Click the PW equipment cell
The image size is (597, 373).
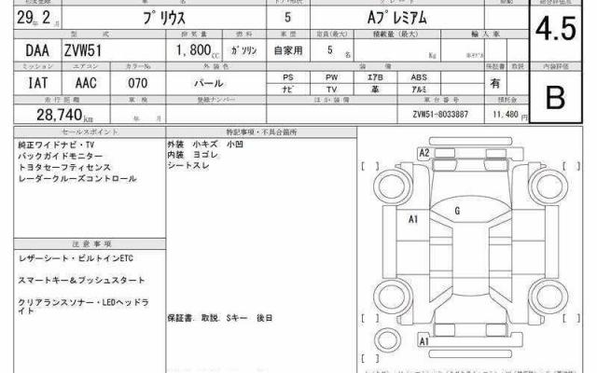(332, 77)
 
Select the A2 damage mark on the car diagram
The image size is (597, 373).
(423, 152)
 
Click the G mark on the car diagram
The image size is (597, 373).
(457, 212)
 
